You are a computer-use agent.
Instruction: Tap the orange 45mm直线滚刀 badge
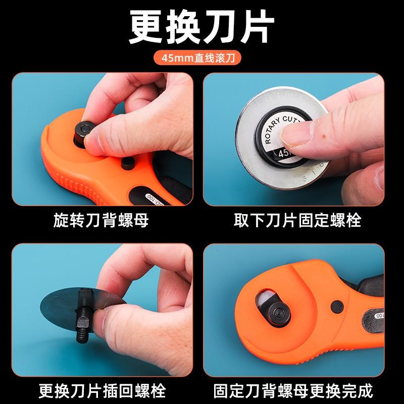pyautogui.click(x=202, y=57)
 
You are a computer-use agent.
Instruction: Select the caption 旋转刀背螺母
pyautogui.click(x=100, y=221)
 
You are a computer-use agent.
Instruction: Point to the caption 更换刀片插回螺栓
pyautogui.click(x=100, y=390)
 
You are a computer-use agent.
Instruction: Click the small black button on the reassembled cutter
pyautogui.click(x=335, y=306)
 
